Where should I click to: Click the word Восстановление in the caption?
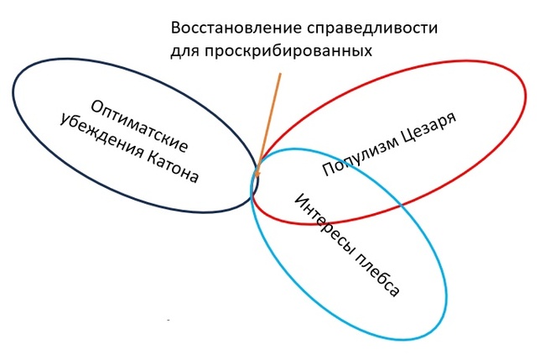point(236,28)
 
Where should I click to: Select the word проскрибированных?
point(288,51)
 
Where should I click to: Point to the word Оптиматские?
point(139,126)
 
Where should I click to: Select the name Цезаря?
point(429,126)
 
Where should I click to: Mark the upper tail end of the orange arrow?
point(280,73)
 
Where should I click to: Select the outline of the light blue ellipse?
point(446,295)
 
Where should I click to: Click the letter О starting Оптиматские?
point(96,107)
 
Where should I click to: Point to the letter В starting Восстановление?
point(176,28)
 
